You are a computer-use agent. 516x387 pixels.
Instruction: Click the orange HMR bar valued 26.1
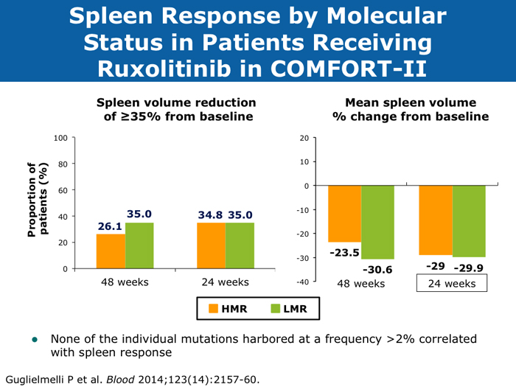111,251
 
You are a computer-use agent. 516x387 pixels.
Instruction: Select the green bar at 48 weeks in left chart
139,245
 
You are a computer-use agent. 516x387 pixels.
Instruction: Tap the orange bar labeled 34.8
211,245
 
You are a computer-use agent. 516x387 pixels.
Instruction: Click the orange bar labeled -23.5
344,214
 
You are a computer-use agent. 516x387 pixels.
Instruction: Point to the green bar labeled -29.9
469,221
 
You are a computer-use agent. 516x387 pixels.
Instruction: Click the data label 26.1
110,227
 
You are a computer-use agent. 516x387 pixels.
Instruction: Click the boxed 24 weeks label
452,283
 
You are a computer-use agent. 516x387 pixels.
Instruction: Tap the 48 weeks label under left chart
124,282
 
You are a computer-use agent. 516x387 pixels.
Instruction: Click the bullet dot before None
33,340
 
